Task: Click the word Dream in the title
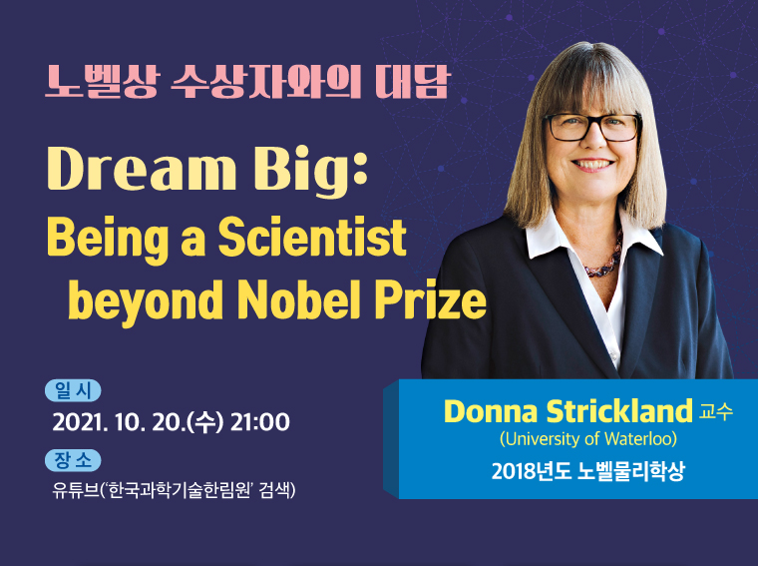[x=142, y=170]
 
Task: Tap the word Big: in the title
[x=310, y=172]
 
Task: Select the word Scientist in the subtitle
[x=312, y=237]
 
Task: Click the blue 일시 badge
[x=73, y=390]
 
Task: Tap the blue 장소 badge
[x=73, y=460]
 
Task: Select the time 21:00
[x=260, y=422]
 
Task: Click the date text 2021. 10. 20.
[x=117, y=422]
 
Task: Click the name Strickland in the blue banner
[x=619, y=411]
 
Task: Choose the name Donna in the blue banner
[x=491, y=411]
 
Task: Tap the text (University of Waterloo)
[x=588, y=439]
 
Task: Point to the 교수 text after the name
[x=715, y=411]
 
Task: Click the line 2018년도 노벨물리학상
[x=588, y=470]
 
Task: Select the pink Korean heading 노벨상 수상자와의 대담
[x=248, y=82]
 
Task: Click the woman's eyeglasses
[x=591, y=127]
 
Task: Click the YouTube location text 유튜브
[x=76, y=490]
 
